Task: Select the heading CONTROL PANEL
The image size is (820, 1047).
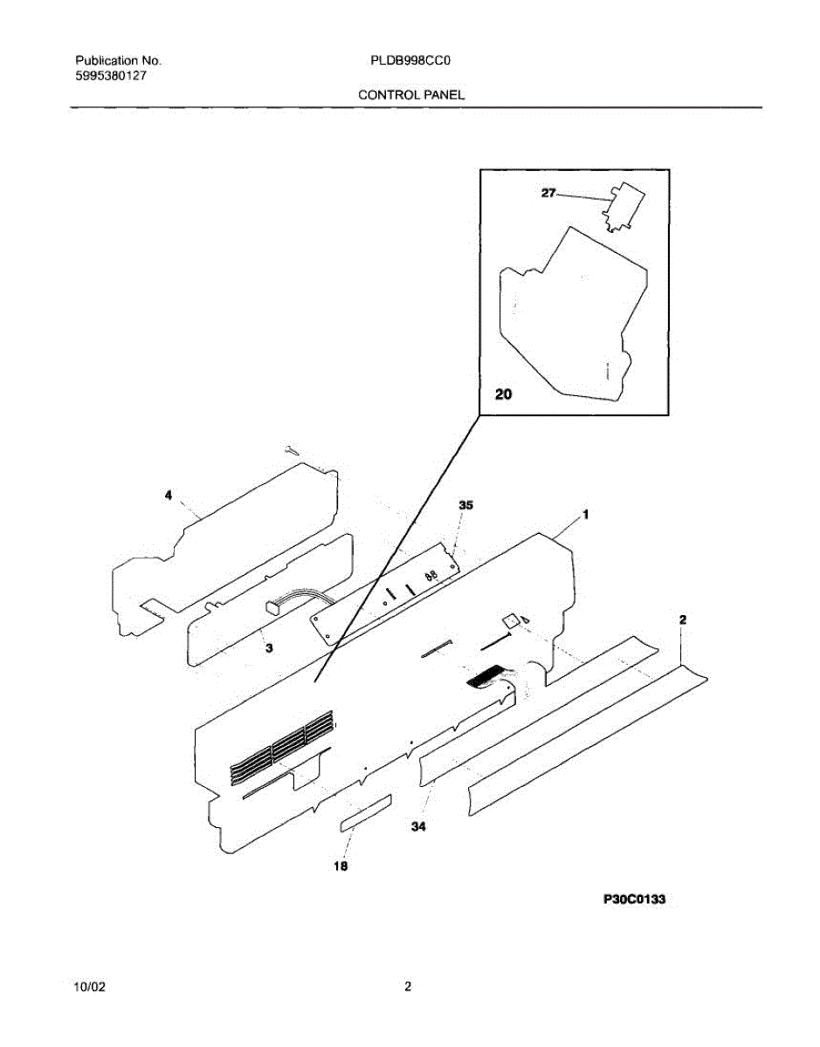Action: tap(411, 94)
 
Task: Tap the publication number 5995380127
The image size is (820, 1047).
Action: tap(110, 76)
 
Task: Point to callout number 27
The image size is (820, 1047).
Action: tap(548, 194)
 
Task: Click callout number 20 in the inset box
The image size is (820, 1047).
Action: tap(503, 395)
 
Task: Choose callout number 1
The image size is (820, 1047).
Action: tap(585, 515)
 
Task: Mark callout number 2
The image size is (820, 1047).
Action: tap(683, 619)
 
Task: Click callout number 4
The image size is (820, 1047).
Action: tap(168, 496)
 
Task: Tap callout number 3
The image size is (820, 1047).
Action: tap(269, 647)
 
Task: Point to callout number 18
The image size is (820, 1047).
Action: tap(341, 866)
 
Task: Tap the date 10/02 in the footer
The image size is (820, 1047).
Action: tap(91, 987)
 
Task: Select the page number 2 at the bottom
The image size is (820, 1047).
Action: tap(407, 987)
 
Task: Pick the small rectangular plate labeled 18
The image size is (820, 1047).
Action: tap(365, 812)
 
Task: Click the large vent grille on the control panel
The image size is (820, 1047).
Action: tap(281, 749)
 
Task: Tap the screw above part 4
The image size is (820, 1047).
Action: tap(292, 448)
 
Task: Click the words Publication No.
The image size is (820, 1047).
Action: tap(118, 62)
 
